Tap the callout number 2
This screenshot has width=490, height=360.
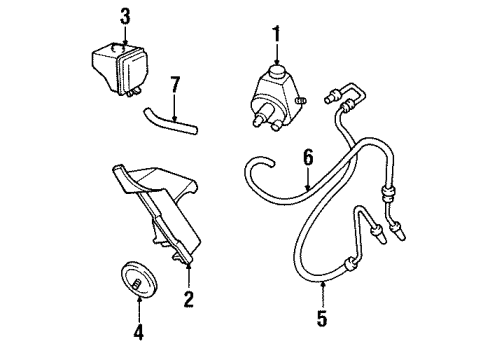[x=187, y=298]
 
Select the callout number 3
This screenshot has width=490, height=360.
[x=124, y=17]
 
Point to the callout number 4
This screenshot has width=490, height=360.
[x=138, y=330]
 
